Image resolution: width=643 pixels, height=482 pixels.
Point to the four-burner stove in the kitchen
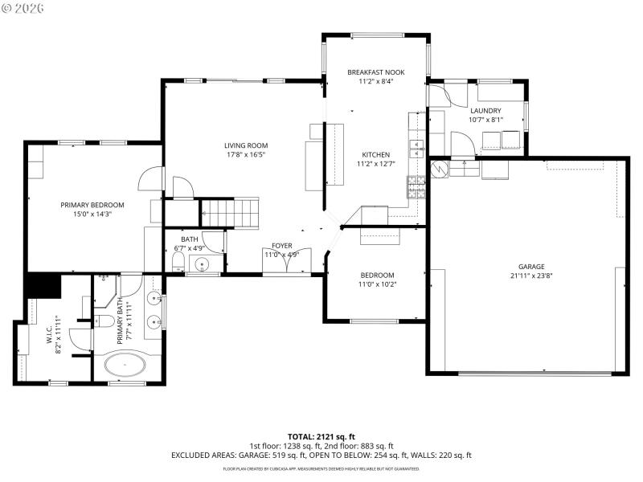pyautogui.click(x=416, y=186)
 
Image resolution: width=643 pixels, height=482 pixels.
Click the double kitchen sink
pyautogui.click(x=416, y=145)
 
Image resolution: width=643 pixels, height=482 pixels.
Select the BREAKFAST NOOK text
pyautogui.click(x=375, y=72)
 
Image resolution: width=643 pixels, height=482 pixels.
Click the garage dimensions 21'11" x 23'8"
pyautogui.click(x=531, y=277)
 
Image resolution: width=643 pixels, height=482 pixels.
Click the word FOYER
pyautogui.click(x=281, y=246)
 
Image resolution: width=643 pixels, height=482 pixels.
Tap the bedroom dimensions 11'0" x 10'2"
pyautogui.click(x=377, y=284)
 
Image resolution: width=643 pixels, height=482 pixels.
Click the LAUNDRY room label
pyautogui.click(x=485, y=111)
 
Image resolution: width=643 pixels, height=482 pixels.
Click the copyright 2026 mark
pyautogui.click(x=23, y=7)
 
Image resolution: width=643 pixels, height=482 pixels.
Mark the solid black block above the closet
pyautogui.click(x=43, y=285)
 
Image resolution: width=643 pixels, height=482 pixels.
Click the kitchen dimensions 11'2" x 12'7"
pyautogui.click(x=375, y=164)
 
